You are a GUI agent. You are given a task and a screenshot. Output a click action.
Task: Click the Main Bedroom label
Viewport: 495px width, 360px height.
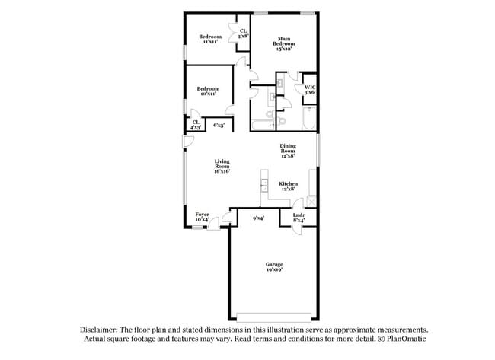[x=284, y=42]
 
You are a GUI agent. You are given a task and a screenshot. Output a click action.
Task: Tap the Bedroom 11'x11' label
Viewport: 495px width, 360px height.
[x=210, y=40]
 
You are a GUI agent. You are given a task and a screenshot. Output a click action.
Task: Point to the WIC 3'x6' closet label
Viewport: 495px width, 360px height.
[x=310, y=89]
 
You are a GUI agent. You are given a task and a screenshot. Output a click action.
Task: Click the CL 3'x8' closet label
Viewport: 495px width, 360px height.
[x=243, y=33]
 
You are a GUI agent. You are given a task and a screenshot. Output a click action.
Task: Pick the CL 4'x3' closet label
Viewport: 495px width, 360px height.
[x=196, y=125]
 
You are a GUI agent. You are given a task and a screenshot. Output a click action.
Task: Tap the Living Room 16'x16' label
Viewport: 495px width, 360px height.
[x=222, y=167]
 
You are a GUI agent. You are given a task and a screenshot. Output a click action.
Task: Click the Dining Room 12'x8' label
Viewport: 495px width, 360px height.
[x=288, y=150]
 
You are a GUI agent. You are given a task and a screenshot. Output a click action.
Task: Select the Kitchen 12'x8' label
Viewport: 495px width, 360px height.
[x=288, y=186]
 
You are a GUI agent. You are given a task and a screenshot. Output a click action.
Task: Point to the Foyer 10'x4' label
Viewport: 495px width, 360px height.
[x=202, y=218]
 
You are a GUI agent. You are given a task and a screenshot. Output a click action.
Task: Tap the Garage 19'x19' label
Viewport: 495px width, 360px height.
[x=273, y=266]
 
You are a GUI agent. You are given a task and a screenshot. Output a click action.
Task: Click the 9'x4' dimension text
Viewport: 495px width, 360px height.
[x=258, y=219]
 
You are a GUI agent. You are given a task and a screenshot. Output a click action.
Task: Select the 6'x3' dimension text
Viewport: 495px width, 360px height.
[x=218, y=125]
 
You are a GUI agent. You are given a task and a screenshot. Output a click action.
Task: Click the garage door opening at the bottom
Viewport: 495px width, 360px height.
[x=273, y=317]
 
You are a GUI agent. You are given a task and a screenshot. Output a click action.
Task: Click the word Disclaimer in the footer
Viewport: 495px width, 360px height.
[x=99, y=330]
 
